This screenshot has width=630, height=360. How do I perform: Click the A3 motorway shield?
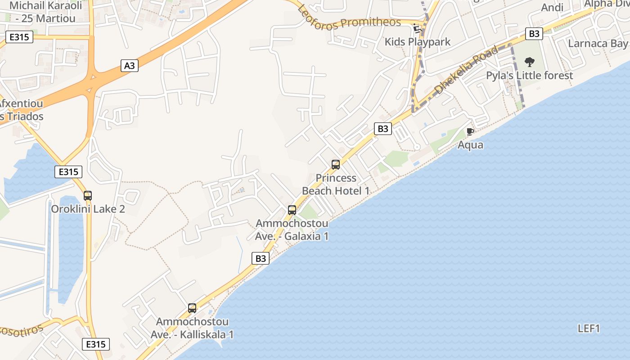tap(129, 66)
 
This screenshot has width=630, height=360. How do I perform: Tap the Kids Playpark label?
tap(417, 42)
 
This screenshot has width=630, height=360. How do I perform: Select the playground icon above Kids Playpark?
tap(418, 29)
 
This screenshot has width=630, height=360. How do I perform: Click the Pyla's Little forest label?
tap(529, 75)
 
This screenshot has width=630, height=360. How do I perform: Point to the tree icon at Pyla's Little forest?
tap(530, 62)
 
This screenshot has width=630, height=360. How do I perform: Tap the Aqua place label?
tap(470, 144)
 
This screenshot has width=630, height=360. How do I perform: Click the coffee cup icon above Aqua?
tap(470, 132)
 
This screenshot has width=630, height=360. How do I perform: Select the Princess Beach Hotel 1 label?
tap(336, 184)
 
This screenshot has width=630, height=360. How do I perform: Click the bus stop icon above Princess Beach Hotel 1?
tap(336, 165)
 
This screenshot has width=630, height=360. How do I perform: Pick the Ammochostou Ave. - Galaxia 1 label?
tap(292, 229)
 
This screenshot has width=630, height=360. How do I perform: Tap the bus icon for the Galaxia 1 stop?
tap(292, 210)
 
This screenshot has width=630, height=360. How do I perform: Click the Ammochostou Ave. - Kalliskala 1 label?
tap(192, 328)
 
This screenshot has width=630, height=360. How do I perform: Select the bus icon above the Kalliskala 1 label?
tap(192, 308)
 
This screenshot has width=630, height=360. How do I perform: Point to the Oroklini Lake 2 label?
tap(88, 209)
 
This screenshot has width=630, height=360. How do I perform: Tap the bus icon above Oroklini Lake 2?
tap(88, 196)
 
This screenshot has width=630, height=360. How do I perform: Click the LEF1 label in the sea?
tap(589, 328)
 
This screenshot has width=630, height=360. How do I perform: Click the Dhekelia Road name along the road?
tap(467, 69)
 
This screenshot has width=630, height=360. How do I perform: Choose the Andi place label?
tap(552, 7)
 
